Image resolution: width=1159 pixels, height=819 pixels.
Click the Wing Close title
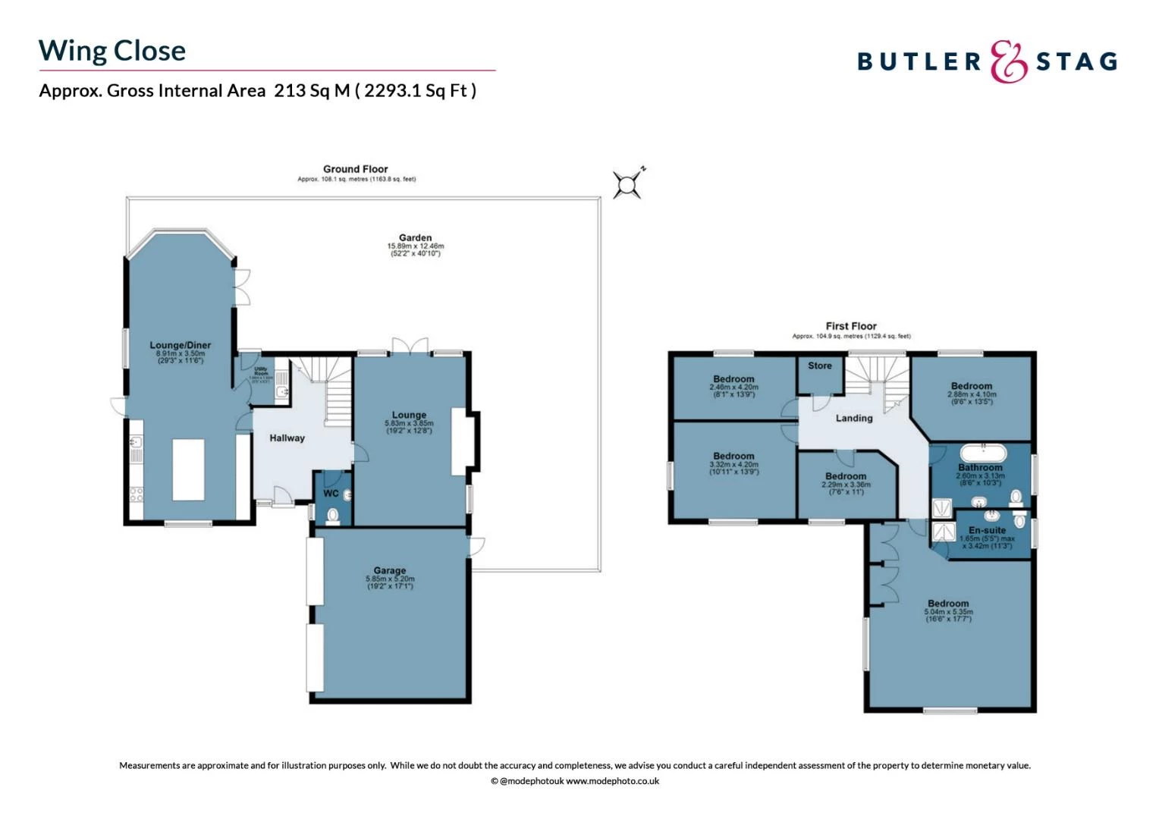(x=112, y=51)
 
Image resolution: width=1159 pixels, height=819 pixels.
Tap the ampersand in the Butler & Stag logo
(x=1009, y=61)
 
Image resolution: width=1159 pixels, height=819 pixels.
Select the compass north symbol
(x=628, y=184)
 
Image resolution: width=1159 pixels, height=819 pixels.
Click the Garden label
(x=415, y=237)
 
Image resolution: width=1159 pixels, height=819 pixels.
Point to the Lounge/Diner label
(x=181, y=345)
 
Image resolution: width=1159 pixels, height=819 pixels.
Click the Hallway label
(x=287, y=438)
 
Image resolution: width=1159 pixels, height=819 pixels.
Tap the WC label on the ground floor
(x=331, y=494)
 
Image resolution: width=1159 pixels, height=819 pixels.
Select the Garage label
(x=390, y=570)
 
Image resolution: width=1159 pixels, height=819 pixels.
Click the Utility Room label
(x=261, y=372)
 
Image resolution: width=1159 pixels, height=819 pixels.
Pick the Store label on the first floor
(x=819, y=366)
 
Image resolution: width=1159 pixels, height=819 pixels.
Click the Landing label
(x=854, y=418)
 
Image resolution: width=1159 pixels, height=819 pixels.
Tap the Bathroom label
(x=980, y=467)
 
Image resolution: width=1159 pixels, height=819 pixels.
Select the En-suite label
(x=987, y=530)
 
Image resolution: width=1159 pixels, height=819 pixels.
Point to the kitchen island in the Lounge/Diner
(x=188, y=469)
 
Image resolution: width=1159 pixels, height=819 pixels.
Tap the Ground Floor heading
(x=355, y=169)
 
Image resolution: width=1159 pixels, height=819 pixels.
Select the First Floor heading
(x=851, y=326)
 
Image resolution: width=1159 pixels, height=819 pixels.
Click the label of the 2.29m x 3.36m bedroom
(x=846, y=476)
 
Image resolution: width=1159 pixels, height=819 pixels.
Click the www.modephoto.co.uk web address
(x=612, y=781)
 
